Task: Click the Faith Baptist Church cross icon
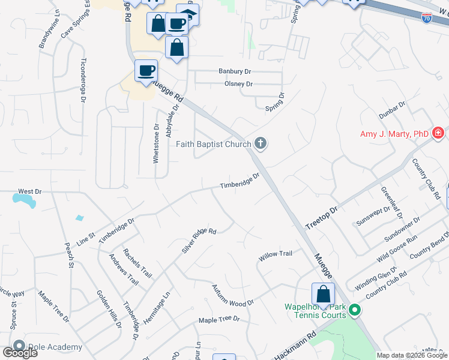[x=260, y=143]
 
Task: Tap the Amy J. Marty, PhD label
[x=394, y=134]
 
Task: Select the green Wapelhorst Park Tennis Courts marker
[x=355, y=310]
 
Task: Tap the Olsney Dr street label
[x=238, y=84]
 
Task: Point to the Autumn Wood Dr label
[x=233, y=296]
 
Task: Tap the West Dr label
[x=29, y=191]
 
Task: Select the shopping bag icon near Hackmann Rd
[x=323, y=294]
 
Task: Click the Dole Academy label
[x=54, y=347]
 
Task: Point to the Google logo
[x=20, y=353]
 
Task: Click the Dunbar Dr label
[x=393, y=110]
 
